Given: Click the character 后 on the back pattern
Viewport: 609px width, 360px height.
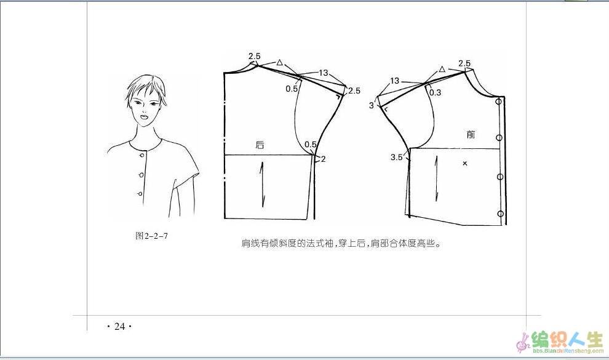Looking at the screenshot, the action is [x=260, y=145].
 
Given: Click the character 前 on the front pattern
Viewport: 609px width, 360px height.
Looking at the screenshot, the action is [x=471, y=134].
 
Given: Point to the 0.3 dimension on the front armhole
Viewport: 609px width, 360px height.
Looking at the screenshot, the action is [x=436, y=92].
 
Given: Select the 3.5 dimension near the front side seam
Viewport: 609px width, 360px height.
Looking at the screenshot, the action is [x=397, y=158].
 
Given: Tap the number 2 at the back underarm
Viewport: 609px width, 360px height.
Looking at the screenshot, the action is [x=323, y=159].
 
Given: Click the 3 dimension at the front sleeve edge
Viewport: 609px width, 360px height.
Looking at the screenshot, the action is [x=372, y=106].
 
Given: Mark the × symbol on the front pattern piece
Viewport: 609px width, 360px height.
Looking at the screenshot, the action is [x=465, y=164].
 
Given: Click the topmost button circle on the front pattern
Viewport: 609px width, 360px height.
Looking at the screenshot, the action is [x=499, y=102].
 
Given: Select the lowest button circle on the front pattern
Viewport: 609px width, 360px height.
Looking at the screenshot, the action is [x=500, y=214].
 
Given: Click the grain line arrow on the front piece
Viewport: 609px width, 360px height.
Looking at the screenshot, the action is [x=437, y=178].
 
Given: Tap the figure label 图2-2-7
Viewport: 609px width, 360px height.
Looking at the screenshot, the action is [x=151, y=236].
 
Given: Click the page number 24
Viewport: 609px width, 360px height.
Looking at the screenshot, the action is [x=119, y=327].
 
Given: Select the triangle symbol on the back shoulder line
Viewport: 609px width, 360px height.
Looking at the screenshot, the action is [x=280, y=62].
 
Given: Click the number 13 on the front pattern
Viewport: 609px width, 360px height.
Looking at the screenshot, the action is [x=394, y=81].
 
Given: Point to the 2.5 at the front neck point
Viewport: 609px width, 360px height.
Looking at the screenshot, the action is [x=464, y=63].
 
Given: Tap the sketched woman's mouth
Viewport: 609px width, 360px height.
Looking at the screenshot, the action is [x=144, y=116].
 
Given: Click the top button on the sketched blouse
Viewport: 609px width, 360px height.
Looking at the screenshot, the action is [x=143, y=155].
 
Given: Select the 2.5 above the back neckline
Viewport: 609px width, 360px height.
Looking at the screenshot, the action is [x=255, y=57].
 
